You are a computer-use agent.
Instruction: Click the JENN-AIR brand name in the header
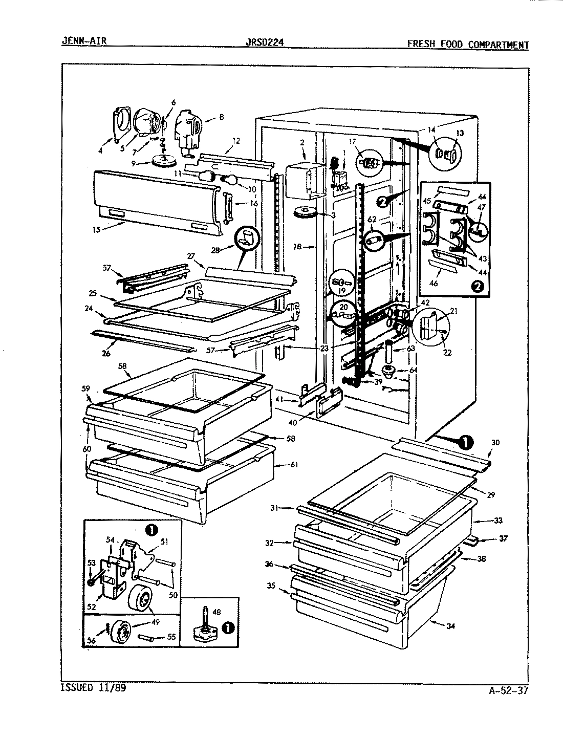84,40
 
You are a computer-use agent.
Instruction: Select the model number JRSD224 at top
265,42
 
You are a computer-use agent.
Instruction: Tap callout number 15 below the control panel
96,230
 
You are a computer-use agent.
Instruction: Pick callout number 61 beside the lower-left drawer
293,465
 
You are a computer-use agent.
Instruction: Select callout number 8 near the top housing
221,117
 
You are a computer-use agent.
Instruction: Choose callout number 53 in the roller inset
91,563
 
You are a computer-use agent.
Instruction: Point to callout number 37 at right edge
504,538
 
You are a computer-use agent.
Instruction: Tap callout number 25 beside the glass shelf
93,294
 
